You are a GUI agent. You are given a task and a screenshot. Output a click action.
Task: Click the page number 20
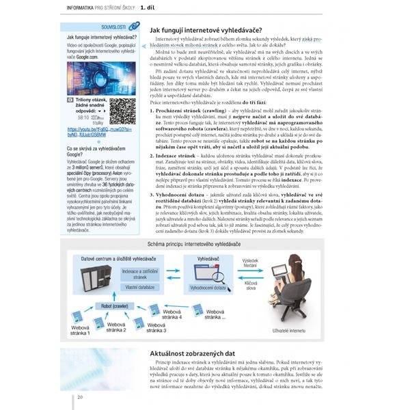[x=80, y=396]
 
